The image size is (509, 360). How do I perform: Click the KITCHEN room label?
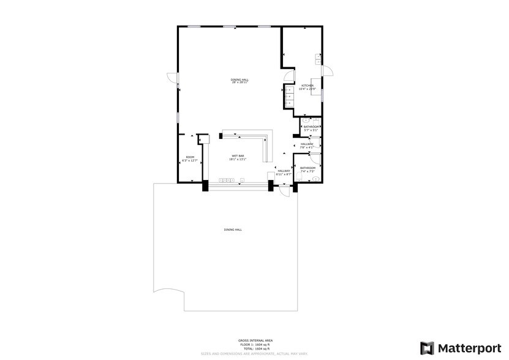tap(307, 85)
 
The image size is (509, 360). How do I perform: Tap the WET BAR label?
tap(238, 156)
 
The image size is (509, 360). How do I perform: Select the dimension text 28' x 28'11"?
tap(239, 83)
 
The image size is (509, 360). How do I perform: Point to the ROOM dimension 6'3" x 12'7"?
tap(190, 160)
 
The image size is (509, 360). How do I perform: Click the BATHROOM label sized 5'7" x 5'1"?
tap(311, 127)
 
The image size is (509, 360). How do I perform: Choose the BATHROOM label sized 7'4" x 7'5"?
tap(307, 168)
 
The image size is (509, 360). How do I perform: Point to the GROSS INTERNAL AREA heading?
tap(255, 340)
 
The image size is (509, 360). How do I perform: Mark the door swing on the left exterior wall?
tap(173, 77)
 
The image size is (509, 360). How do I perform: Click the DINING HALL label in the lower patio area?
tap(233, 230)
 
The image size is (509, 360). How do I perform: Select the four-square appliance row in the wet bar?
tap(226, 180)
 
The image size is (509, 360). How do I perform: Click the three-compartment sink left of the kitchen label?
tap(288, 96)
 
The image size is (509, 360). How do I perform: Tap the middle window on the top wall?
tap(230, 27)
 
